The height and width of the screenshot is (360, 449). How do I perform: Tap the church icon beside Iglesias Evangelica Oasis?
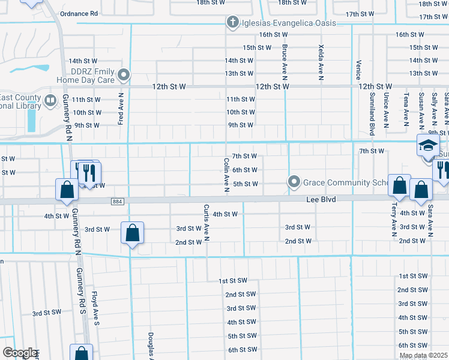(x=232, y=23)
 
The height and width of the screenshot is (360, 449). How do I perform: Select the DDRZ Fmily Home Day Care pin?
(x=124, y=75)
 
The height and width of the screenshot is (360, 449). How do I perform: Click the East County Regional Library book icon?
(x=50, y=100)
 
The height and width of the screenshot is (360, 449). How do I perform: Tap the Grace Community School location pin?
(x=294, y=181)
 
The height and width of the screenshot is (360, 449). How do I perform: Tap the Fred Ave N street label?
(x=121, y=109)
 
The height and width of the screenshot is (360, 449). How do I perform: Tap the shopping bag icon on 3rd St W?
(x=132, y=232)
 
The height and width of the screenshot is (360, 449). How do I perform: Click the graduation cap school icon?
(x=428, y=146)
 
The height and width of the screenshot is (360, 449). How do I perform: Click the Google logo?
(x=20, y=353)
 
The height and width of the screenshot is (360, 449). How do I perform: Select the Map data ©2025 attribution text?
(x=423, y=355)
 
